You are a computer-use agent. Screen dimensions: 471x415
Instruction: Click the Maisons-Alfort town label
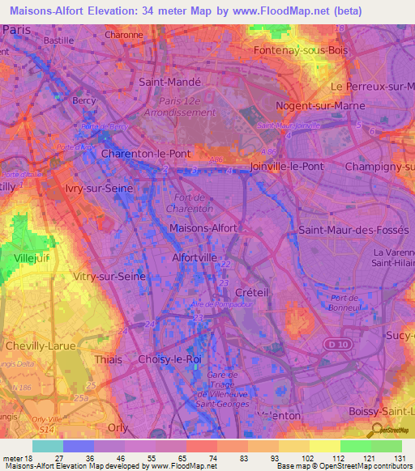[x=203, y=228]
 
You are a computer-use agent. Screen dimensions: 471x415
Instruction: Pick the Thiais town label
[x=108, y=359]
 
